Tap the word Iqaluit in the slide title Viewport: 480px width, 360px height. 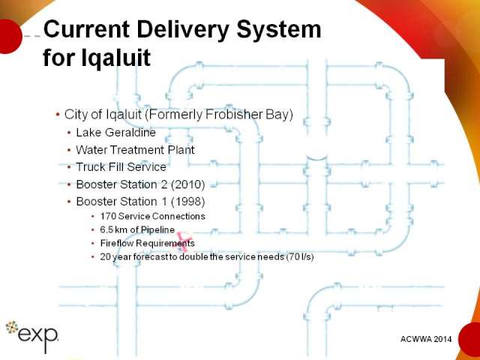click(x=115, y=57)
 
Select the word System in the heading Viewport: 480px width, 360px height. click(x=279, y=30)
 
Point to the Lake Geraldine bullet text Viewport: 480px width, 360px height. click(x=115, y=132)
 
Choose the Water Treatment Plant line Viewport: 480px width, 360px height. click(x=135, y=150)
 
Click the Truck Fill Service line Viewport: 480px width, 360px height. click(x=121, y=166)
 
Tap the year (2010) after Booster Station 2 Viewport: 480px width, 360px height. click(x=187, y=184)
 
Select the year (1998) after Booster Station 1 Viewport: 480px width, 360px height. click(x=187, y=202)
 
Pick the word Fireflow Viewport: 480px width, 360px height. click(x=117, y=243)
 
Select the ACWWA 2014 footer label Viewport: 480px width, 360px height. click(x=426, y=339)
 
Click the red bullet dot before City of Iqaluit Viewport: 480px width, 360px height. click(x=58, y=115)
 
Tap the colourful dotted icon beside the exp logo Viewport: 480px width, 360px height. click(x=12, y=327)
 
